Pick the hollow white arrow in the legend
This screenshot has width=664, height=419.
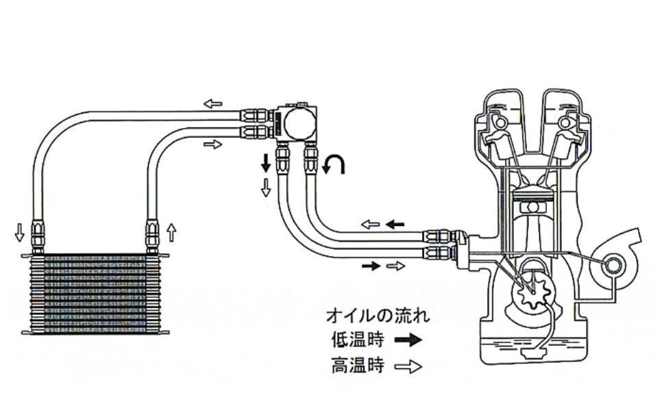[x=408, y=367]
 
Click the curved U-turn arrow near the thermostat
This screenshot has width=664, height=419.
[x=335, y=165]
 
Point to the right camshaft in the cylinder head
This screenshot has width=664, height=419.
[x=566, y=123]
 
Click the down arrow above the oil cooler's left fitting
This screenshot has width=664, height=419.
[x=20, y=233]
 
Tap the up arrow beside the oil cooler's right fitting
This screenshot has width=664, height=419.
[x=171, y=233]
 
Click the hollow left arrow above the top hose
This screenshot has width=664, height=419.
[x=213, y=103]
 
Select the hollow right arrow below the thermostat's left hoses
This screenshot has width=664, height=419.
[x=213, y=144]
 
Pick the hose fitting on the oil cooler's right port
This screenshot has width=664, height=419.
[x=151, y=236]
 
